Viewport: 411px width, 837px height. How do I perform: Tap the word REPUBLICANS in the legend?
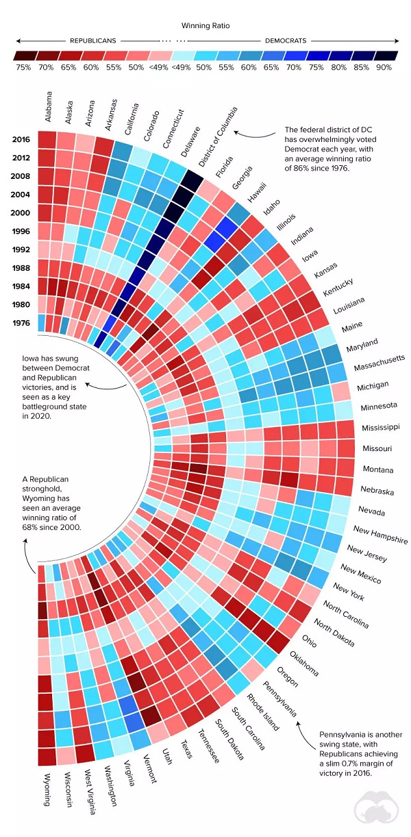[x=93, y=40]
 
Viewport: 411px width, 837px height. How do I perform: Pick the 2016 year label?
[x=21, y=140]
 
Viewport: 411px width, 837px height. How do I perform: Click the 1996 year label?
[x=21, y=232]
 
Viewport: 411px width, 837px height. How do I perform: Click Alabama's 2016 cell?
[x=46, y=139]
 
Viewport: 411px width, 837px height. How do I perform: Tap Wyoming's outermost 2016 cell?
[x=46, y=756]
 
